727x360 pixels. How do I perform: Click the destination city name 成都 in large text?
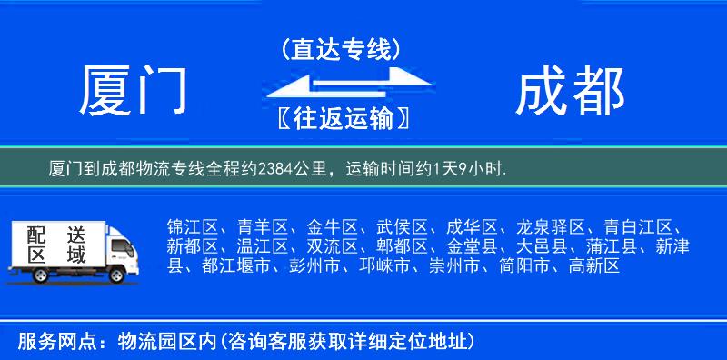tap(570, 91)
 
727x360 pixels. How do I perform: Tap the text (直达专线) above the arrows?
tap(341, 47)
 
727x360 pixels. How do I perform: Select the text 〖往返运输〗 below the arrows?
tap(340, 119)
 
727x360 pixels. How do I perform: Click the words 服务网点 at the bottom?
tap(51, 342)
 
